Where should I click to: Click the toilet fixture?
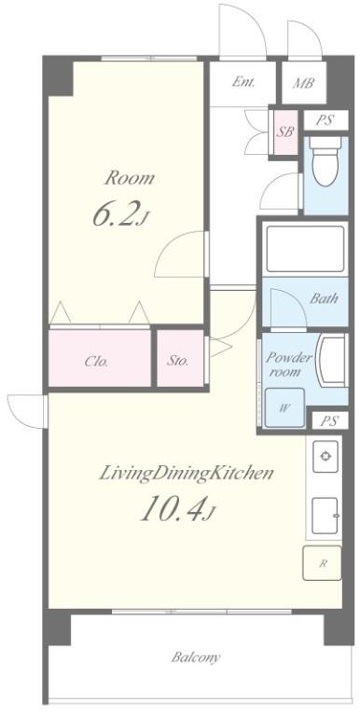coord(325,161)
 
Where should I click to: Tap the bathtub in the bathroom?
coord(305,249)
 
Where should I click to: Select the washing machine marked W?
coord(285,407)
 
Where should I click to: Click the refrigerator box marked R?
coord(322,562)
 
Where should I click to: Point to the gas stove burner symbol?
coord(325,456)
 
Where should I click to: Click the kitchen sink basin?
coord(325,516)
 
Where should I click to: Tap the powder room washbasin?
coord(332,361)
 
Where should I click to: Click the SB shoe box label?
coord(285,132)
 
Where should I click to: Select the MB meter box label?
coord(303,84)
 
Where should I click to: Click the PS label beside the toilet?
coord(325,120)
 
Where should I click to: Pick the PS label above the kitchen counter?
coord(329,420)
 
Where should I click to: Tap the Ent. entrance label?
coord(243,82)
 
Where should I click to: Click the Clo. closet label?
coord(96,362)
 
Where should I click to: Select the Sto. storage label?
coord(177,361)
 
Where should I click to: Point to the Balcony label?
coord(196,657)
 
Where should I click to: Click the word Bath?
coord(325,298)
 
